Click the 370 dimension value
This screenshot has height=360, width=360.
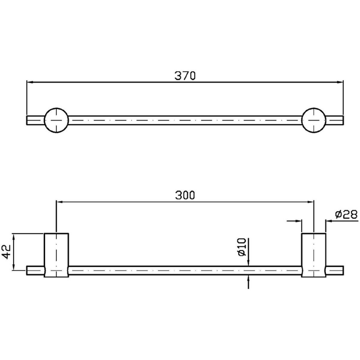tap(185, 76)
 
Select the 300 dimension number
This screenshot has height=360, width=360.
tap(185, 195)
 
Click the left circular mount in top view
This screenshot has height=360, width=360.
tap(56, 120)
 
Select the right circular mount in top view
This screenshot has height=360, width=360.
tap(314, 120)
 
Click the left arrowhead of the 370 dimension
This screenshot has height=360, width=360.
tap(30, 82)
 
